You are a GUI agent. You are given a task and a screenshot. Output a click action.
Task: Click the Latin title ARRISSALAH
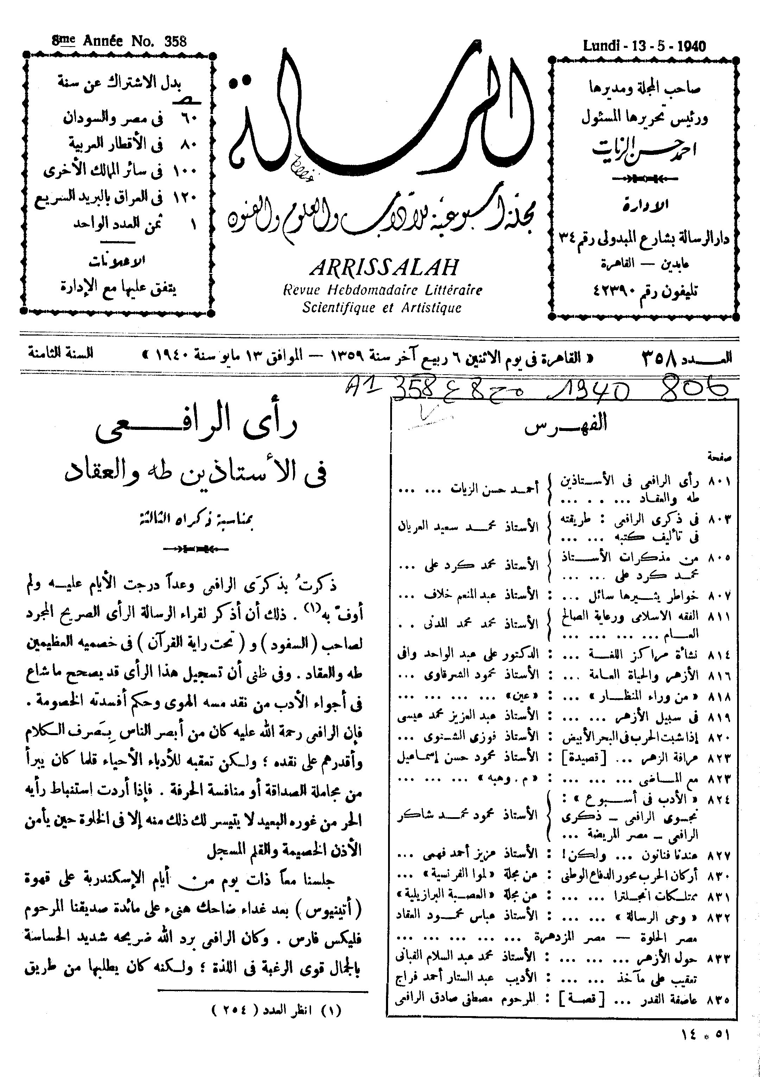[384, 268]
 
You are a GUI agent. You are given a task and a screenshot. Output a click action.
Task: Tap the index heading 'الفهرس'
[566, 425]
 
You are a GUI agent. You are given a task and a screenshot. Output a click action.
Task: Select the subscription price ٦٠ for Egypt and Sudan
[192, 118]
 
